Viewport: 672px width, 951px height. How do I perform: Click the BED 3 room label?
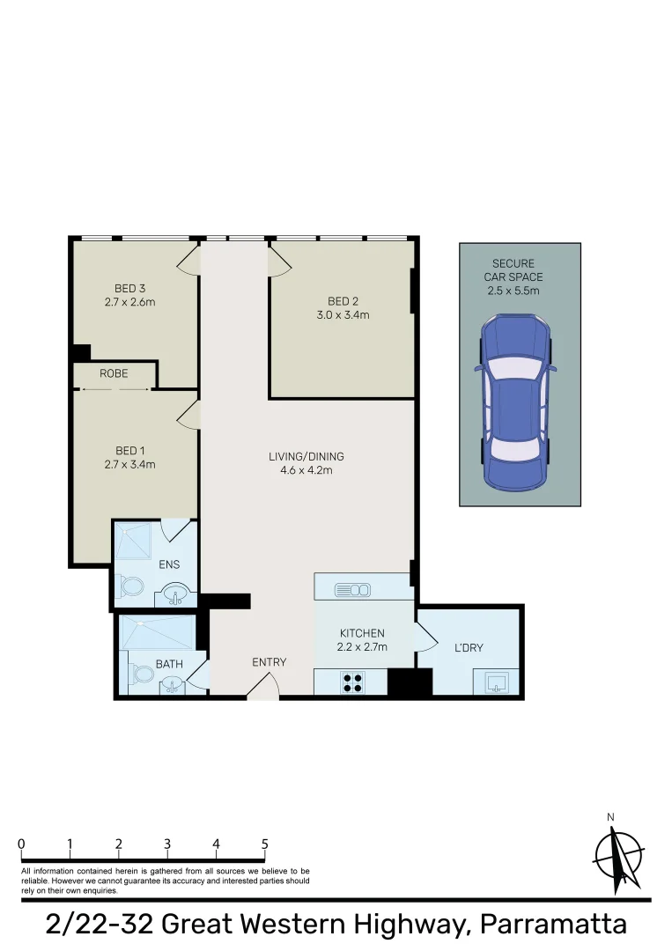129,288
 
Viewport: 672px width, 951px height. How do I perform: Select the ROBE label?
114,373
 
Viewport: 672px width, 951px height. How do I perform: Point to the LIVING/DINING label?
306,456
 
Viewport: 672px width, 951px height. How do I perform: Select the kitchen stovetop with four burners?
353,682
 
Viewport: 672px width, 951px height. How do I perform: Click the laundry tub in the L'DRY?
496,682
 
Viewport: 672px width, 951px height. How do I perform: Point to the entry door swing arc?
262,687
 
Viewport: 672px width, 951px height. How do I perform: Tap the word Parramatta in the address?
551,925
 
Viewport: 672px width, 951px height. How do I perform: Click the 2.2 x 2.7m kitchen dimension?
363,647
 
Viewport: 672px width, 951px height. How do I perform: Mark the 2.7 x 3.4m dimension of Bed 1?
129,464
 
